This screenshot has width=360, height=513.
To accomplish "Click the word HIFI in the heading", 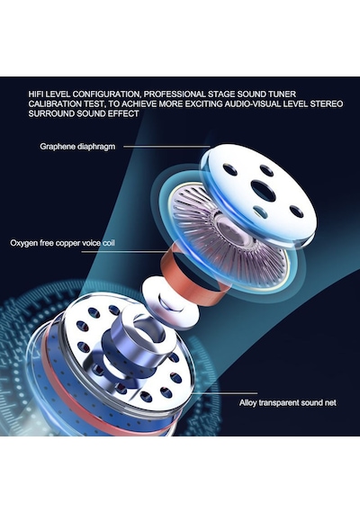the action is click(x=36, y=94).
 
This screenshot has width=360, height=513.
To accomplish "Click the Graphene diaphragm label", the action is click(x=77, y=146).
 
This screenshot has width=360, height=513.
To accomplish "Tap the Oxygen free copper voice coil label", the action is click(x=62, y=243).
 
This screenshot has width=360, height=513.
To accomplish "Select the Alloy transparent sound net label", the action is click(x=288, y=402).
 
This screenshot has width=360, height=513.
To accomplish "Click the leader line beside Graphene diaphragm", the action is click(x=166, y=147).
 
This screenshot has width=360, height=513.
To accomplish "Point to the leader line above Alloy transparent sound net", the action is click(x=224, y=393).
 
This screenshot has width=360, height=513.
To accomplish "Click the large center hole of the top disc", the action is click(x=263, y=190).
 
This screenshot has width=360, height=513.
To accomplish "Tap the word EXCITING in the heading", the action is click(x=203, y=104).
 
